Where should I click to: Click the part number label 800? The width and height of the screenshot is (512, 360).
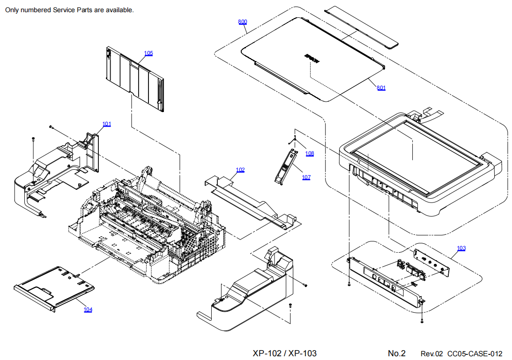pyautogui.click(x=242, y=22)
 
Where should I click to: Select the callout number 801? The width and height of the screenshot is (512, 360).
pyautogui.click(x=381, y=88)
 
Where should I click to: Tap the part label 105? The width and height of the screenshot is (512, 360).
pyautogui.click(x=148, y=53)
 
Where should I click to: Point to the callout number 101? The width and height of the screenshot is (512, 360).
pyautogui.click(x=107, y=124)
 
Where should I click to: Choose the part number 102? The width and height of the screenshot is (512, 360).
pyautogui.click(x=240, y=170)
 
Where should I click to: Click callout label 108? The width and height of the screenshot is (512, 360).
pyautogui.click(x=309, y=153)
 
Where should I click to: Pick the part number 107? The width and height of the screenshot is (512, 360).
pyautogui.click(x=306, y=177)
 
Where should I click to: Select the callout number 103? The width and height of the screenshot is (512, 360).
pyautogui.click(x=461, y=248)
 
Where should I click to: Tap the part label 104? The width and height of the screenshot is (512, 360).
pyautogui.click(x=88, y=309)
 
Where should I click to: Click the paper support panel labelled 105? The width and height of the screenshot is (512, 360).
pyautogui.click(x=136, y=80)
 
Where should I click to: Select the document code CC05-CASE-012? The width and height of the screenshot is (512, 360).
pyautogui.click(x=475, y=353)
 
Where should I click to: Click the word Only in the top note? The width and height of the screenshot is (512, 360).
pyautogui.click(x=12, y=10)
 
